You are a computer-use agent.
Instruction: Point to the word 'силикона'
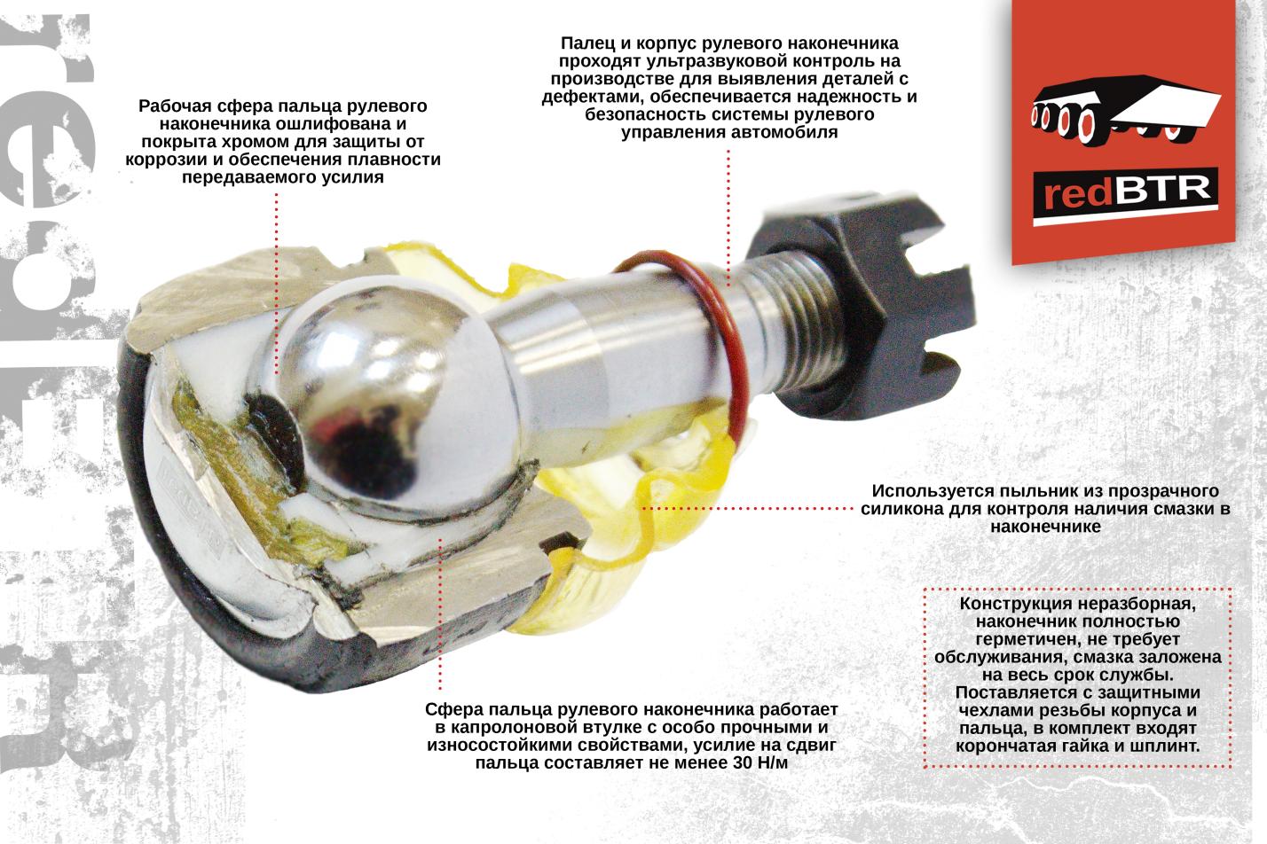pos(902,509)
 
